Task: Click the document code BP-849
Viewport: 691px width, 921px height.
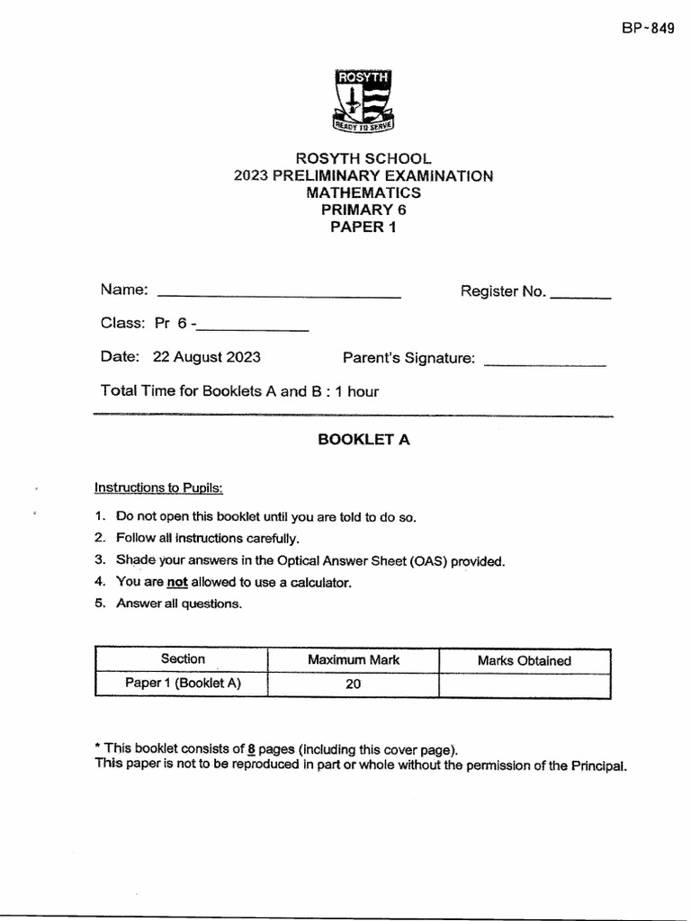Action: (x=647, y=28)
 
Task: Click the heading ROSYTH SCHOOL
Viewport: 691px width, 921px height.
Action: (x=363, y=158)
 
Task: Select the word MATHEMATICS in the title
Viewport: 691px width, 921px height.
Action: (x=363, y=192)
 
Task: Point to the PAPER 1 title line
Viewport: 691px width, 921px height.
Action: (x=363, y=227)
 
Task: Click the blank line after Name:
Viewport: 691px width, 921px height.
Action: (x=279, y=295)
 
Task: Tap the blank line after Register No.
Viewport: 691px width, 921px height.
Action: (x=580, y=296)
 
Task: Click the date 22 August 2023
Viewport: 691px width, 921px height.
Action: (x=207, y=357)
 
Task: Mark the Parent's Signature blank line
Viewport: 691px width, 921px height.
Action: (x=545, y=364)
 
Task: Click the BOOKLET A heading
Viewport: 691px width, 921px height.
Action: (x=363, y=440)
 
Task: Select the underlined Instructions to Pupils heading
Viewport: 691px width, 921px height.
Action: (x=158, y=487)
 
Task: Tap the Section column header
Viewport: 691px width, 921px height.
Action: (x=183, y=659)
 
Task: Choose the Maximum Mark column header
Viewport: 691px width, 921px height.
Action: (x=354, y=660)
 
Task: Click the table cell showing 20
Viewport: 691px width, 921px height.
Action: (x=353, y=684)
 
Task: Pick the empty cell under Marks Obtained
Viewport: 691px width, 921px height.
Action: (x=524, y=684)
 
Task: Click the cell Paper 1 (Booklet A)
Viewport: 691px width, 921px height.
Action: (x=183, y=684)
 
